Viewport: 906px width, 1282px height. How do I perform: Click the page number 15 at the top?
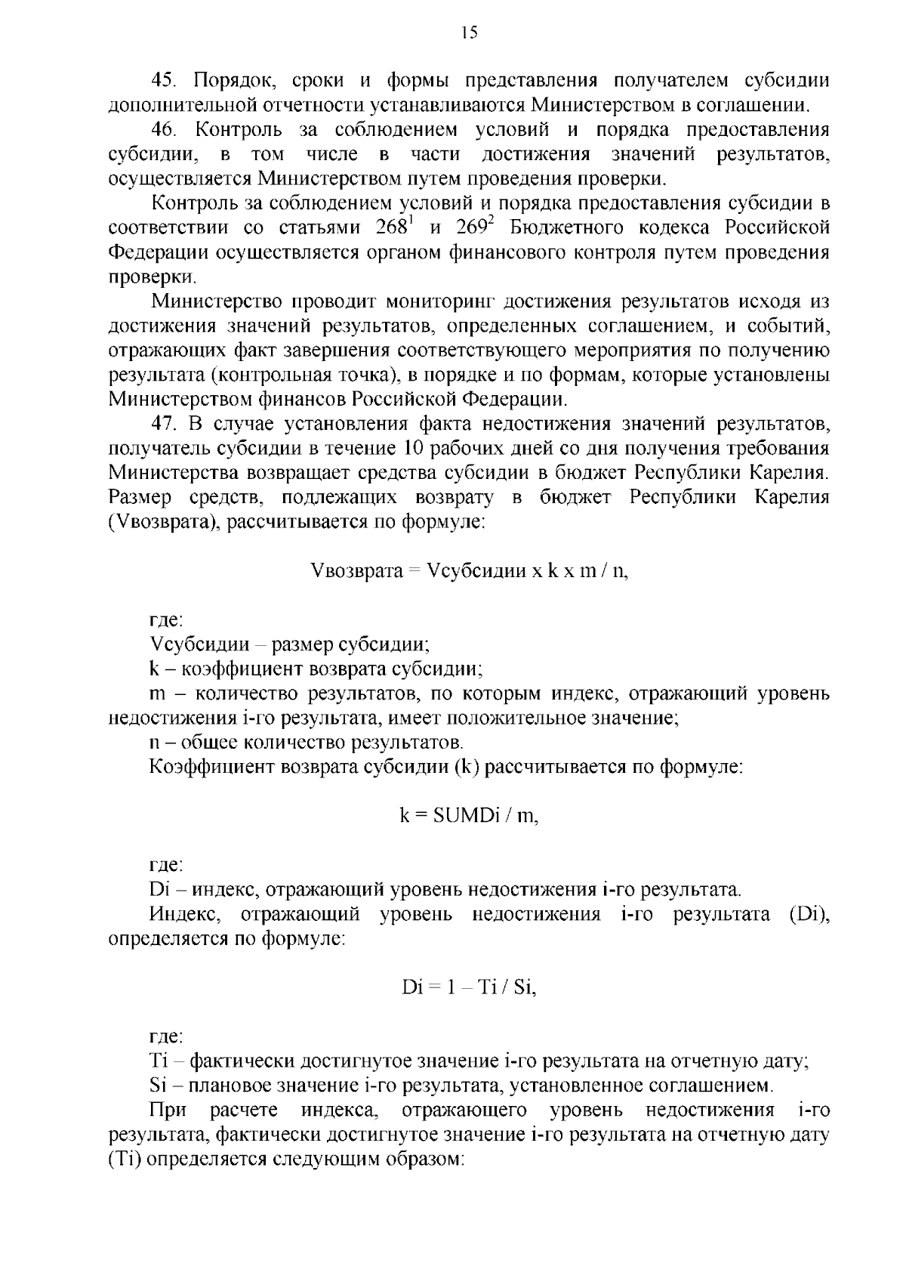(x=469, y=31)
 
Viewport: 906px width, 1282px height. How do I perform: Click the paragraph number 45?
(x=164, y=80)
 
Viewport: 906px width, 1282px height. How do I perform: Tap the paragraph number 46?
(x=164, y=130)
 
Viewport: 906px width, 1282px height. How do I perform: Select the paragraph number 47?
(x=164, y=423)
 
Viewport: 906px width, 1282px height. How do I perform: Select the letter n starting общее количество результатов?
(x=154, y=742)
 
